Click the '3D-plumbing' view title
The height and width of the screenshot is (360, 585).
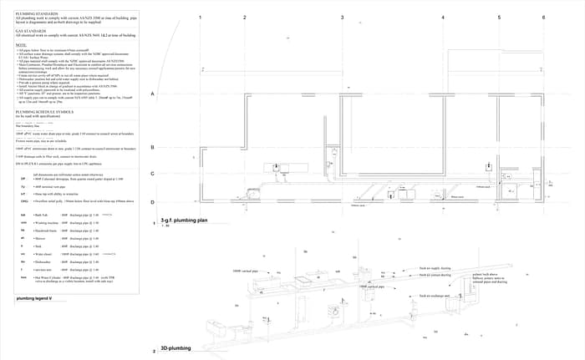pos(176,347)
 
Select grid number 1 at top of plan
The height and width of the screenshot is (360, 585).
pos(201,17)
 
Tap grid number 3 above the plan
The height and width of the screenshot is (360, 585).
pos(342,17)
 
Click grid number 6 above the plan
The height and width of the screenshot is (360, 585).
pos(543,17)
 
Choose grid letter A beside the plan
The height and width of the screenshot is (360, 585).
pos(153,94)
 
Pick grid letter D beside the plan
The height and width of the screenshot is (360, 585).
pos(153,202)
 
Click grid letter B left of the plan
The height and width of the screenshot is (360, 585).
pos(153,147)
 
